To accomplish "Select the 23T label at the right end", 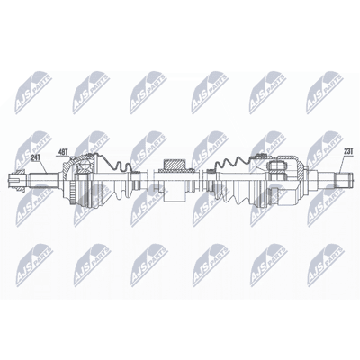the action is tap(347, 152).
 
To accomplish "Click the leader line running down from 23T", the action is tap(342, 165).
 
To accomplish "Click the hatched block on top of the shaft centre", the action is tap(174, 165).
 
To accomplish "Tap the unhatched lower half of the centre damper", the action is tap(174, 196).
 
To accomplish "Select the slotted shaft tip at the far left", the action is tap(13, 180).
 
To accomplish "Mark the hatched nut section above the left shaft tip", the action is tap(20, 171).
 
